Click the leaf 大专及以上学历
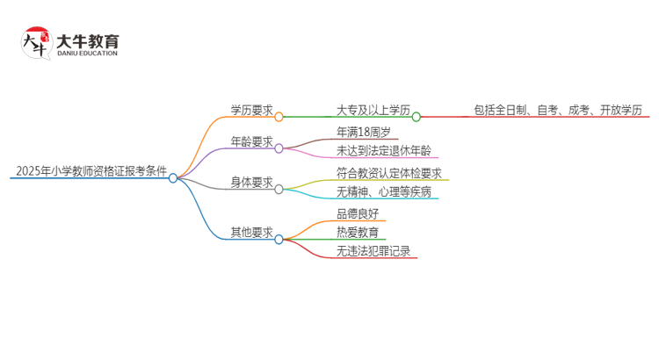pyautogui.click(x=373, y=110)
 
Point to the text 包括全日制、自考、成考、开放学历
pyautogui.click(x=557, y=110)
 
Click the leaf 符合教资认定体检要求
pyautogui.click(x=388, y=174)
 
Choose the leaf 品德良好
pyautogui.click(x=358, y=213)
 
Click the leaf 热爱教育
pyautogui.click(x=358, y=233)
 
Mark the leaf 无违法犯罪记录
pyautogui.click(x=373, y=251)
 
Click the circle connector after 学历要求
pyautogui.click(x=279, y=116)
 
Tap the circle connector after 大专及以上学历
pyautogui.click(x=416, y=116)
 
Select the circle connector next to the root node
pyautogui.click(x=173, y=177)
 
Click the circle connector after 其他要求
pyautogui.click(x=279, y=238)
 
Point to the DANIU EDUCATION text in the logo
pyautogui.click(x=86, y=53)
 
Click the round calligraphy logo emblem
pyautogui.click(x=36, y=43)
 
